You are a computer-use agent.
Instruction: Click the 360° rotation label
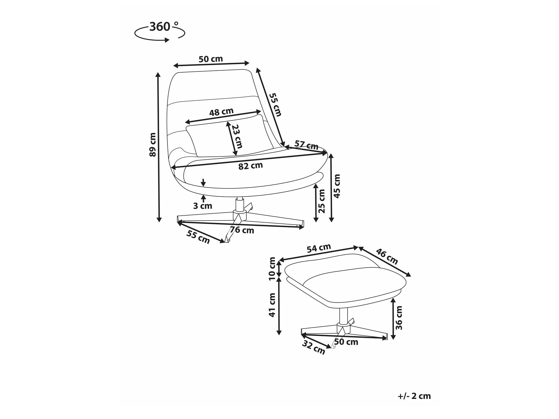(164, 27)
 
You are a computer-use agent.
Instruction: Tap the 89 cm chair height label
(153, 145)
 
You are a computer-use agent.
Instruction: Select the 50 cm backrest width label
(211, 59)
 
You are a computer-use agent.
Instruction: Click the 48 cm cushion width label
(221, 112)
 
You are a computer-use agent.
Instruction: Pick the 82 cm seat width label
(251, 166)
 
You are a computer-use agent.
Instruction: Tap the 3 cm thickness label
(203, 206)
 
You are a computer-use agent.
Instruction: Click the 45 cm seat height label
(337, 186)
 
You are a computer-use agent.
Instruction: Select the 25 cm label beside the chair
(322, 201)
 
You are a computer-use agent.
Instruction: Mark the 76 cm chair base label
(242, 230)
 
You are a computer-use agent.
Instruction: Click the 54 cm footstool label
(319, 248)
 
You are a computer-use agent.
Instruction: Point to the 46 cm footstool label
(387, 256)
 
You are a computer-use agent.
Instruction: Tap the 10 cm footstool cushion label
(272, 269)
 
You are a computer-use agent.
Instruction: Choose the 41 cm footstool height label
(272, 305)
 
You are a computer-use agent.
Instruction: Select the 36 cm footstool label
(399, 318)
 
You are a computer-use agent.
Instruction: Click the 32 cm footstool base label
(314, 348)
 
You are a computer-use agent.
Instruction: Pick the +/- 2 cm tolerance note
(414, 396)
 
